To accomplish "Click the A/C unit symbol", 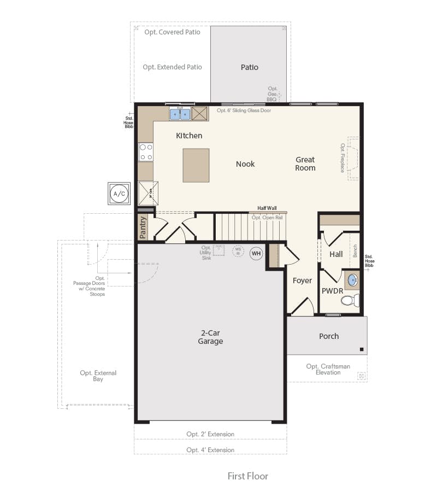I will [119, 194].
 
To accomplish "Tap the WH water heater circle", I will [256, 253].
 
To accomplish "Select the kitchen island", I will [196, 165].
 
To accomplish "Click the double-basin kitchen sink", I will [180, 114].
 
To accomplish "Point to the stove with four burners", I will [146, 152].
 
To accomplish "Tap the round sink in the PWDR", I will [352, 280].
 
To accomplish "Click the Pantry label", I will [143, 227].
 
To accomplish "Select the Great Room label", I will [305, 164].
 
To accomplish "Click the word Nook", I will [245, 164].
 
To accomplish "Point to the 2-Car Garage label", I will [210, 337].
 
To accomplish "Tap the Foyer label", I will [302, 280].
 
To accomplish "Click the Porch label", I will [329, 336].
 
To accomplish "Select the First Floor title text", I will [248, 476].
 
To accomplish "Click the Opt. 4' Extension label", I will [210, 450].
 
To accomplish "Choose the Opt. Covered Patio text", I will [172, 32].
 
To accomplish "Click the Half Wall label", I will [267, 208].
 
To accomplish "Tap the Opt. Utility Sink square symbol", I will [220, 250].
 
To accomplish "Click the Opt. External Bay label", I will [98, 376].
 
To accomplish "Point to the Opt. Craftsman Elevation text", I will [328, 370].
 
